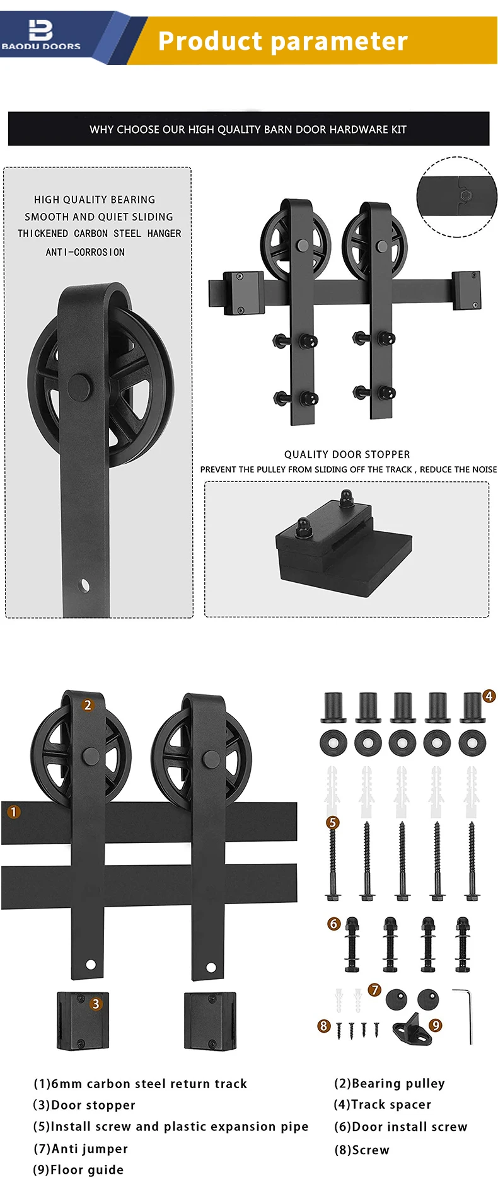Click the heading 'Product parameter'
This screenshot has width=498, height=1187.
[x=282, y=41]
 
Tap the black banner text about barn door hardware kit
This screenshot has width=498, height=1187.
[x=248, y=129]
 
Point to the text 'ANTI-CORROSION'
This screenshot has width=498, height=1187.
[x=85, y=252]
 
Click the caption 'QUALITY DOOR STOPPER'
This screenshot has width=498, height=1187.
[x=347, y=454]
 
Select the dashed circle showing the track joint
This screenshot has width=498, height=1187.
[x=458, y=197]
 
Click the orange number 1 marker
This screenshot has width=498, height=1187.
[x=13, y=812]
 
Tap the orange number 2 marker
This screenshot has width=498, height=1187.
[x=88, y=705]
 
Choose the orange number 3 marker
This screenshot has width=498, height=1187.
[x=95, y=1004]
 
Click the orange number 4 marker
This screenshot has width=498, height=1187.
[x=489, y=696]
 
